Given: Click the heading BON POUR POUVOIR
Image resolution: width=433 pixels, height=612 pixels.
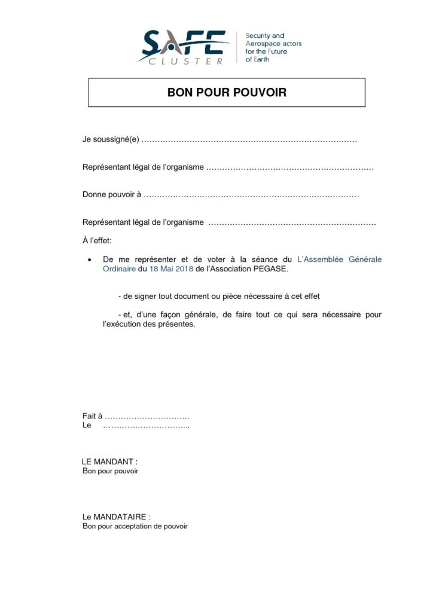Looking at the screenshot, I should (227, 93).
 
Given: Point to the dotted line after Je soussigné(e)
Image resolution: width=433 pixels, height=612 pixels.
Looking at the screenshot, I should (251, 140).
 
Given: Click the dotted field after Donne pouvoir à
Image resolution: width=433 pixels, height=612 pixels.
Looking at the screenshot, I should (252, 195).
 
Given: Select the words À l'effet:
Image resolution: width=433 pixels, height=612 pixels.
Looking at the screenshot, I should (97, 240).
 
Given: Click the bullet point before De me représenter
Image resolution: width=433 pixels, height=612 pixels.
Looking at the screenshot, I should (89, 260).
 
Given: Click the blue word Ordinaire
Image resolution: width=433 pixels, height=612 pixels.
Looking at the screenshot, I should (119, 269).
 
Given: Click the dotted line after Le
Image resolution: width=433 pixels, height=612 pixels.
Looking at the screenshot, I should (147, 426).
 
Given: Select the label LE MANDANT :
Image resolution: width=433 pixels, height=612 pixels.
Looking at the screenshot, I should (109, 462).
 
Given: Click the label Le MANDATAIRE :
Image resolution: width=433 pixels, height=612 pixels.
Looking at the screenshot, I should (117, 516).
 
